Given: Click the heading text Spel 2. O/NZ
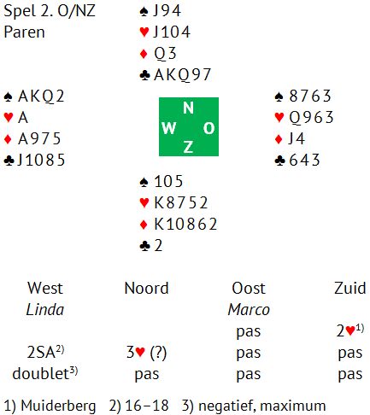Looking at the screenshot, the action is click(50, 11).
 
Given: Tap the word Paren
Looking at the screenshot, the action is click(24, 32).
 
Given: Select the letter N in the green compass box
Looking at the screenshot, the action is click(188, 108).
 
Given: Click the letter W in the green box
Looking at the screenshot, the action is click(169, 128).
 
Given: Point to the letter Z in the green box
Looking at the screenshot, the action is click(188, 147).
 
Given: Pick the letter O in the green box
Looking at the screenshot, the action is click(208, 128).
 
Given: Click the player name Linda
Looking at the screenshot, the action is click(45, 309).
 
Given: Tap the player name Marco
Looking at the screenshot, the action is click(249, 309).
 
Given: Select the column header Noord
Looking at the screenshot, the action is click(147, 288).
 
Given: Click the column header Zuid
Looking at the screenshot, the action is click(350, 288).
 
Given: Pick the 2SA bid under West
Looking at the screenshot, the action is click(41, 353).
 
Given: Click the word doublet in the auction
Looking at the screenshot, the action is click(40, 374).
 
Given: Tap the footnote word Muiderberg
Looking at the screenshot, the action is click(58, 406).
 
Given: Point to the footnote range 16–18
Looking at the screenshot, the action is click(147, 406).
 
